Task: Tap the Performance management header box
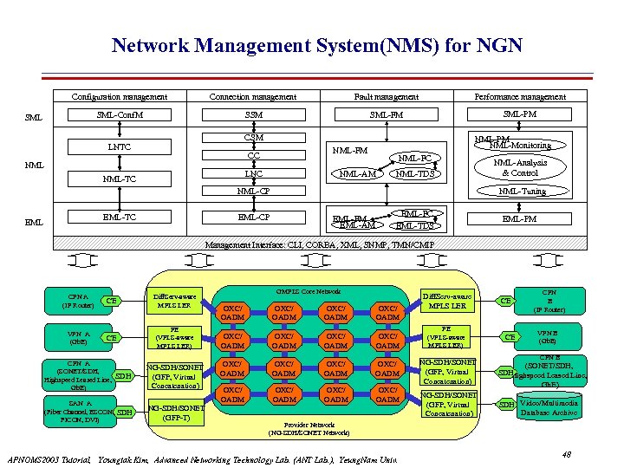[x=519, y=96]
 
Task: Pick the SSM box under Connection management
[x=254, y=114]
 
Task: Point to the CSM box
[x=254, y=137]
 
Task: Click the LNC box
[x=254, y=173]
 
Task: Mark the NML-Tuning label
[x=522, y=191]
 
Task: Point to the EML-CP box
[x=254, y=218]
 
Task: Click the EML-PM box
[x=519, y=218]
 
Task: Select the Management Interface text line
[x=311, y=245]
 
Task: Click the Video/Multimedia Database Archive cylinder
[x=551, y=406]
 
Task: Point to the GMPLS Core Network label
[x=311, y=291]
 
